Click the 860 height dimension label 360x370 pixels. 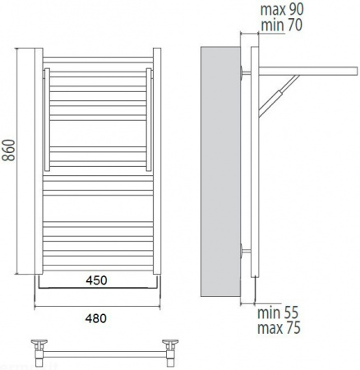point(8,150)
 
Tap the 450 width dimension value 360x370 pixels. point(96,280)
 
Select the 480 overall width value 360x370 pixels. point(95,318)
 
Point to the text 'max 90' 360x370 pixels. point(282,10)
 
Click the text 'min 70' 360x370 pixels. point(282,25)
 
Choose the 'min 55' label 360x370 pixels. point(278,312)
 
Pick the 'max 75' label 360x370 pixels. point(279,328)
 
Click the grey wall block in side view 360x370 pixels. point(221,172)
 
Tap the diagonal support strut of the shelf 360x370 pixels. point(279,96)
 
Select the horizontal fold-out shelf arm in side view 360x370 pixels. point(308,71)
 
